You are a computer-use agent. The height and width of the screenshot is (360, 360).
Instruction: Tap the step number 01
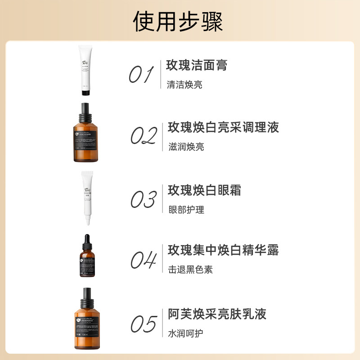(141, 74)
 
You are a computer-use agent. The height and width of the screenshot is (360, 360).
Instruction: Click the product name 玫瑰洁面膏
(197, 65)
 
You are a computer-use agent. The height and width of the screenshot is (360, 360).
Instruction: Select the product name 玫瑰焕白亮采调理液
(224, 127)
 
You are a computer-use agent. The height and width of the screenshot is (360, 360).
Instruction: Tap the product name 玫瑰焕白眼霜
(205, 190)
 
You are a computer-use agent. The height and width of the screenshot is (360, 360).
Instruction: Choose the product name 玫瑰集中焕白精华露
(224, 250)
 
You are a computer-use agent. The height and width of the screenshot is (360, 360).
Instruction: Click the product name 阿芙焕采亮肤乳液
(217, 314)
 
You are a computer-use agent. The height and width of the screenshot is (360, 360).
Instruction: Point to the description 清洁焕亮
(184, 85)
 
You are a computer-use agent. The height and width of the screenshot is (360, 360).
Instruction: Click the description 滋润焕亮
(186, 147)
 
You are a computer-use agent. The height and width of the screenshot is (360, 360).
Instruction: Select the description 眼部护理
(186, 210)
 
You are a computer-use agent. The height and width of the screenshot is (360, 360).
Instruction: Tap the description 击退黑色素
(190, 270)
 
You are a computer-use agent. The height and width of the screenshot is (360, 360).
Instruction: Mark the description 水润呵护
(186, 333)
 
